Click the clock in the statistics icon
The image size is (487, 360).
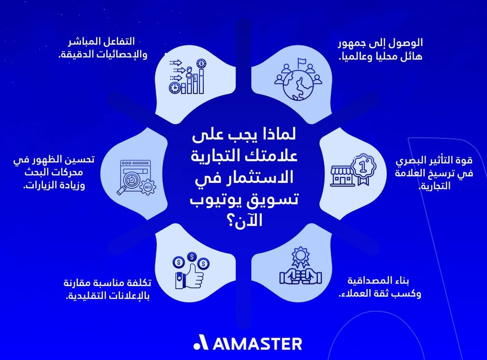click(x=175, y=87)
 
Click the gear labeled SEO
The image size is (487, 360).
click(x=147, y=188)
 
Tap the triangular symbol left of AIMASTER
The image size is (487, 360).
click(x=200, y=343)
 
